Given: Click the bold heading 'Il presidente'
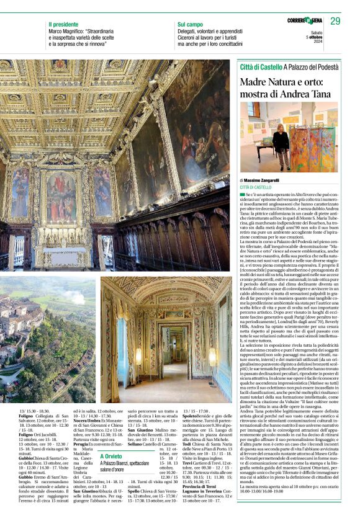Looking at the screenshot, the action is tap(63, 24).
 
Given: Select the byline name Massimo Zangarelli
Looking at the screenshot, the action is tap(261, 180).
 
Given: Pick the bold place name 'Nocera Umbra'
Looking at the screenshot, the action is tap(87, 420).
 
